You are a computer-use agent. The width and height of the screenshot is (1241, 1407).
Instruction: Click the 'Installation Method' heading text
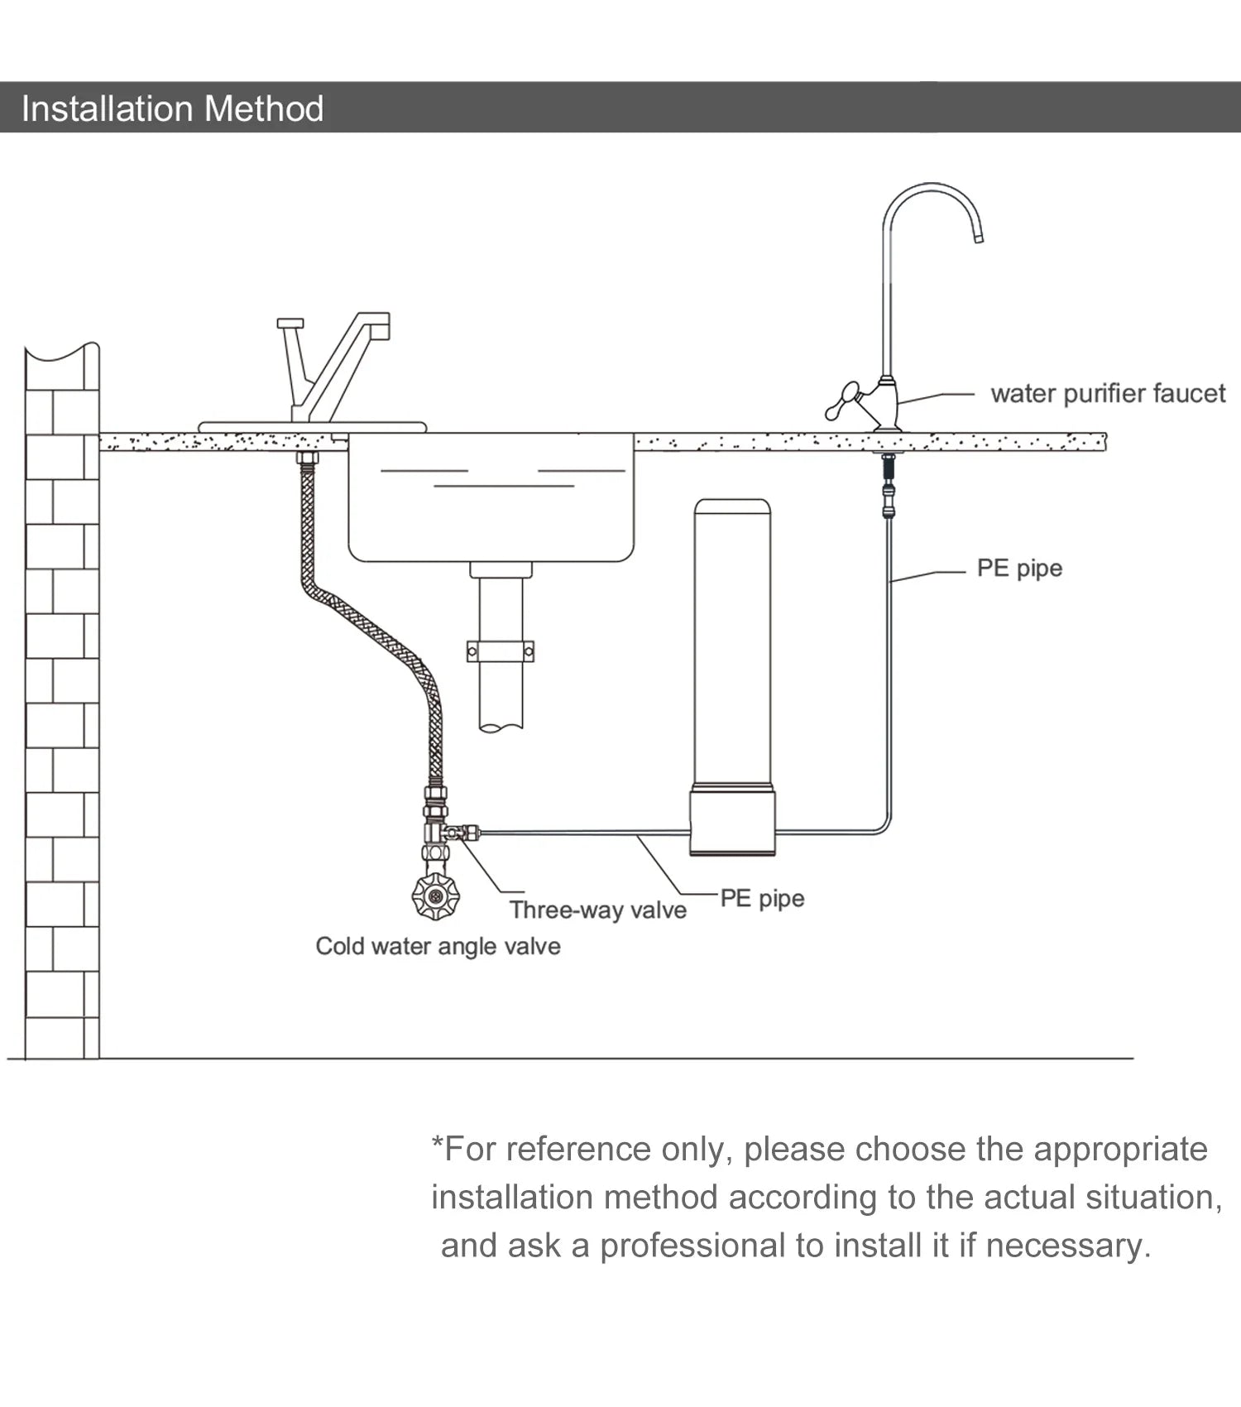coord(172,108)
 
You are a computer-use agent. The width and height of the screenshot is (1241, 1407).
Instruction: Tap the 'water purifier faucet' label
coord(1108,393)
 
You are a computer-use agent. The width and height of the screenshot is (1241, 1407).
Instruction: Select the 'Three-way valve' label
coord(597,910)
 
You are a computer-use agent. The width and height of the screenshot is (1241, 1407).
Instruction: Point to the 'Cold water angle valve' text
coord(438,946)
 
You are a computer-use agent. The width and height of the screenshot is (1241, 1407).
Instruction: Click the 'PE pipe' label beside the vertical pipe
coord(1019,569)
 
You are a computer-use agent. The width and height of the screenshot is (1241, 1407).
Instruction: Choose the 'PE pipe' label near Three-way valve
coord(762,898)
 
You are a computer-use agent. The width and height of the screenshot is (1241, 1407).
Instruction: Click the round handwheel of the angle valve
coord(435,896)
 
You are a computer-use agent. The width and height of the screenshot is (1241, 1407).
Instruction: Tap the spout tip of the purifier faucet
coord(978,238)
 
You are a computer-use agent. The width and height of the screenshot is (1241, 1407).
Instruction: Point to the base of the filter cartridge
coord(732,821)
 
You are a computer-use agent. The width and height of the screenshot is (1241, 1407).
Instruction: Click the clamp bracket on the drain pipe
coord(501,651)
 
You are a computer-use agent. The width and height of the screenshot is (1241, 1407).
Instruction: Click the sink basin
coord(491,513)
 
